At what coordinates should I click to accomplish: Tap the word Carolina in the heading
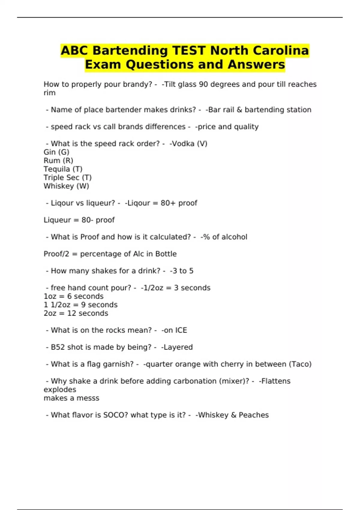pyautogui.click(x=280, y=50)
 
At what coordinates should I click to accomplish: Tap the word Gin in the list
pyautogui.click(x=49, y=152)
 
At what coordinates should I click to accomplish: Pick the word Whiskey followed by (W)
pyautogui.click(x=59, y=186)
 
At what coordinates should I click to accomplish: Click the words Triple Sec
pyautogui.click(x=61, y=178)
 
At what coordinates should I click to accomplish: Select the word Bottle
pyautogui.click(x=166, y=254)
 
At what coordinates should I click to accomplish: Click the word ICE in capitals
pyautogui.click(x=181, y=330)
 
